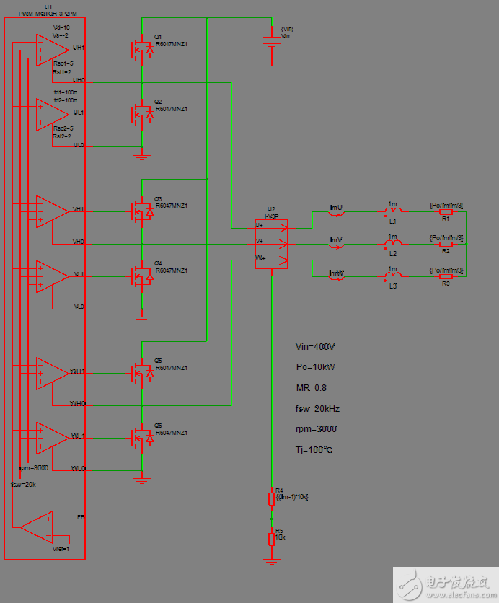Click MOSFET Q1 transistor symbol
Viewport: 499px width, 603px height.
141,50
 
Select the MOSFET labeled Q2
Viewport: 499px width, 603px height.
141,114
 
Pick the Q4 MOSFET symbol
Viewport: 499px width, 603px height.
141,276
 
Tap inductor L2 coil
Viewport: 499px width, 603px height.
392,245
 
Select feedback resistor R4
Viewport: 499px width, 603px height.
271,498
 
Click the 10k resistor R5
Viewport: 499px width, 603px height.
271,539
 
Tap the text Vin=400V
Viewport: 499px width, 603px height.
316,347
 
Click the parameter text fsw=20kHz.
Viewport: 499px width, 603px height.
319,408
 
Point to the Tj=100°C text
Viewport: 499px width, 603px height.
314,450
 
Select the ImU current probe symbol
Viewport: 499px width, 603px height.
337,213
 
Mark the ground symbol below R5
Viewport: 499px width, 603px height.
271,560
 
